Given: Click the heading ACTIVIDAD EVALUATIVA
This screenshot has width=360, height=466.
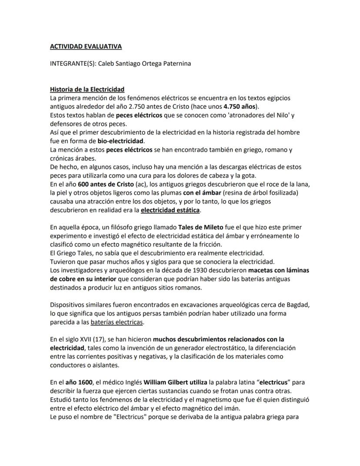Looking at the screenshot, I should click(86, 46).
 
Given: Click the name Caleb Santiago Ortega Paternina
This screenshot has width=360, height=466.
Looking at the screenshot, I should click(144, 64).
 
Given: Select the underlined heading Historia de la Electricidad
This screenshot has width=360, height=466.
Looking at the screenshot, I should click(87, 89).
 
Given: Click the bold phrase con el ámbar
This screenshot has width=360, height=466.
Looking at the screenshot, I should click(203, 193).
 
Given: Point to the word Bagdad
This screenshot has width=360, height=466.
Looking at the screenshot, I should click(297, 305).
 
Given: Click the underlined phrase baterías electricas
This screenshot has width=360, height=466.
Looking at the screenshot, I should click(117, 322).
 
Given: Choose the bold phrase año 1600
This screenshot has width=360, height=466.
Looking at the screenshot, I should click(76, 382).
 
